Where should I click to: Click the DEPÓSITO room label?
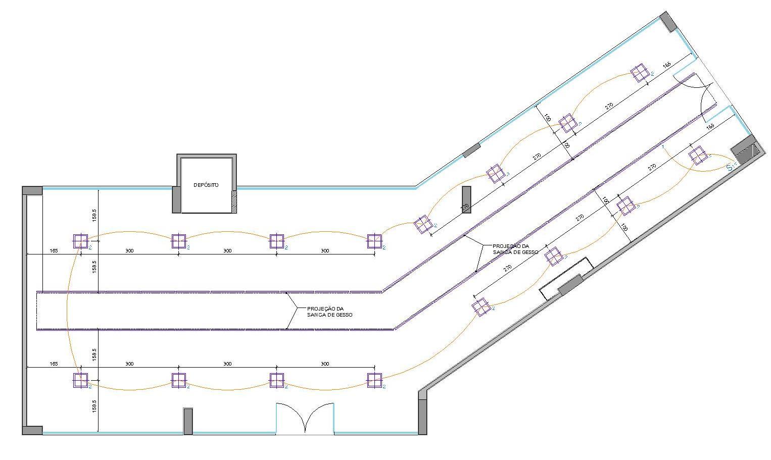tap(206, 185)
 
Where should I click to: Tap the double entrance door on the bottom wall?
tap(305, 418)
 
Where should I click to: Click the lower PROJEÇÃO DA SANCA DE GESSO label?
tap(329, 312)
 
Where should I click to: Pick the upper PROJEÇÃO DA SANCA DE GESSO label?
tap(515, 249)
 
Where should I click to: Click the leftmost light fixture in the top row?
tap(80, 241)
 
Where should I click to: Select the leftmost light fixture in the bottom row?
tap(80, 380)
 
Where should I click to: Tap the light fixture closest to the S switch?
tap(698, 156)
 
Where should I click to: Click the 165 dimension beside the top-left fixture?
tap(54, 251)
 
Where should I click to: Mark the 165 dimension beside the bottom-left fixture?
tap(54, 364)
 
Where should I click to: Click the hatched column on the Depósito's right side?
tap(234, 202)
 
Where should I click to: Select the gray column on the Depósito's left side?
tap(176, 199)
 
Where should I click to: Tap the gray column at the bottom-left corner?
tap(32, 430)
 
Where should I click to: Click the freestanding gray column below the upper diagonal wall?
tap(466, 200)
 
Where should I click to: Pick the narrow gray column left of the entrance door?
tap(188, 421)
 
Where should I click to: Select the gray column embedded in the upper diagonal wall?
tap(471, 150)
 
